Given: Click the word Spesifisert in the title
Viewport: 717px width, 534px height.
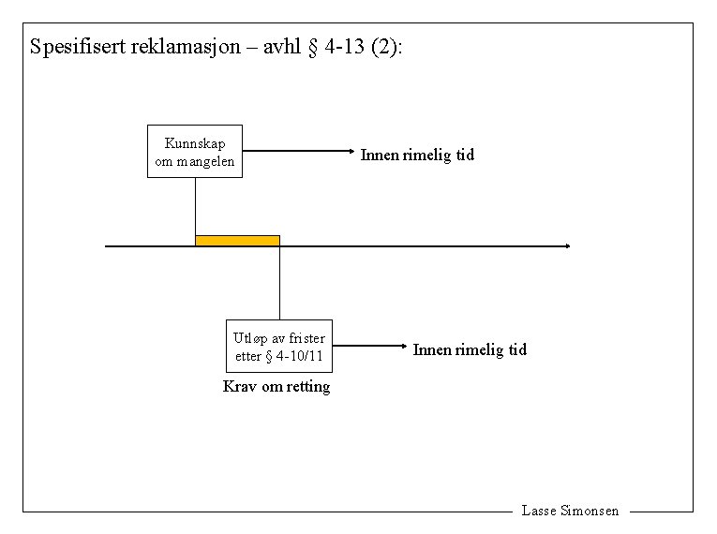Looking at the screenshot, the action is (75, 47).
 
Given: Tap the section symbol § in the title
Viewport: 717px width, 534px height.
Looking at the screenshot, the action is (313, 47).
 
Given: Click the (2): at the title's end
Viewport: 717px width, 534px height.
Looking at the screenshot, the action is (386, 47).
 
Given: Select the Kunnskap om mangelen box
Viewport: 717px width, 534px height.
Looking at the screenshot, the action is (195, 151).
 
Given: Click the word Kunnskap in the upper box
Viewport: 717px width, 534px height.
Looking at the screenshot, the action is (195, 143).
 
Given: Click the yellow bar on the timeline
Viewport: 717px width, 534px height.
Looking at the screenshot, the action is (237, 241).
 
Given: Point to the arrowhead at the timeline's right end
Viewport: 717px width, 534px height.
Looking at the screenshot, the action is (565, 246).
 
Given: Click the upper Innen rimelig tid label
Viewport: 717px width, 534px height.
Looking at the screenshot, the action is (418, 156).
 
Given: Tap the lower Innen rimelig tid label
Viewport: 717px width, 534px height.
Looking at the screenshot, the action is (471, 349).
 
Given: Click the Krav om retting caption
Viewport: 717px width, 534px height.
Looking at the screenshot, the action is (276, 387).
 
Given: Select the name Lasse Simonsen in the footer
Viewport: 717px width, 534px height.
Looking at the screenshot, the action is (570, 512).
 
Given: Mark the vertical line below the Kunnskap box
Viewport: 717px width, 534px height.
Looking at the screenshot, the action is (195, 206).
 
